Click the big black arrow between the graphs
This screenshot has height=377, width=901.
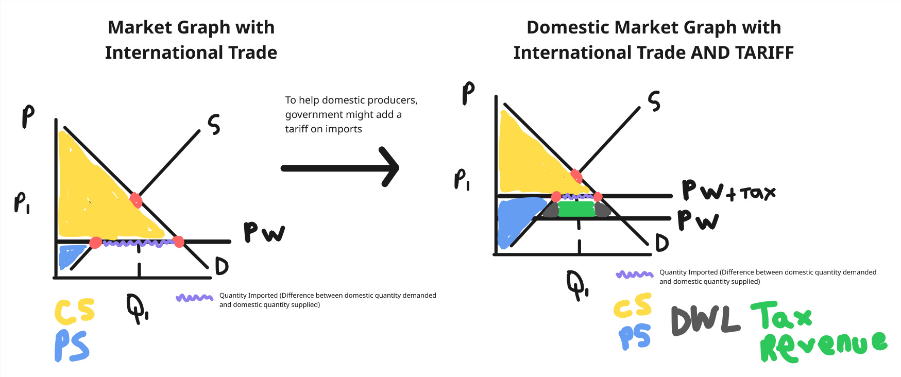click(340, 168)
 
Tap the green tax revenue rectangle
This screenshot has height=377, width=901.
click(576, 209)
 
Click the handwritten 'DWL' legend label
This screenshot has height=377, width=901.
click(705, 320)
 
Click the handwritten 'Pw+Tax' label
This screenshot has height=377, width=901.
click(727, 191)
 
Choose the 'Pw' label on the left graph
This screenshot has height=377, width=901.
click(263, 233)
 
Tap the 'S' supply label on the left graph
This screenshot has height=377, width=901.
click(214, 125)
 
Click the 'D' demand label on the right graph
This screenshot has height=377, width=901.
click(662, 243)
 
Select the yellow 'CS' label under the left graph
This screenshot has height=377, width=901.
click(75, 311)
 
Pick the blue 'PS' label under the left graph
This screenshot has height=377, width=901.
click(72, 346)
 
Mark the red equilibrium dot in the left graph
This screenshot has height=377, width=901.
click(135, 199)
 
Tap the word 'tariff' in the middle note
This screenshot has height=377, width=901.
click(297, 129)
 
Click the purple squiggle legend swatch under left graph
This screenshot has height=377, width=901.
click(194, 298)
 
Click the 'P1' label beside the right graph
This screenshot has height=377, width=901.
click(462, 180)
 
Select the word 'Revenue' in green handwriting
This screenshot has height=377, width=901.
click(822, 346)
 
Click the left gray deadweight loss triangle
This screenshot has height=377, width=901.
click(551, 210)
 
